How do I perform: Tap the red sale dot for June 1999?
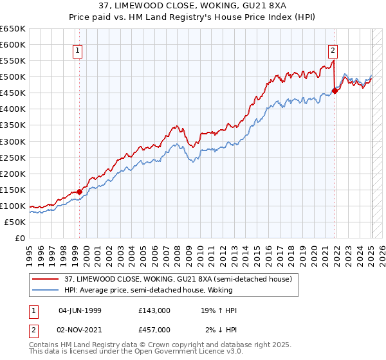pyautogui.click(x=79, y=192)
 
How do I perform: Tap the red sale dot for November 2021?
pyautogui.click(x=335, y=91)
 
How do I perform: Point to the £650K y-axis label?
pyautogui.click(x=13, y=29)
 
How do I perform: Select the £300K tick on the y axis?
pyautogui.click(x=13, y=141)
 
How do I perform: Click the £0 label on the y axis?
pyautogui.click(x=19, y=238)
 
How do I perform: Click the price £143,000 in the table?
pyautogui.click(x=154, y=310)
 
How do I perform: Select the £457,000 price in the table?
pyautogui.click(x=154, y=330)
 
